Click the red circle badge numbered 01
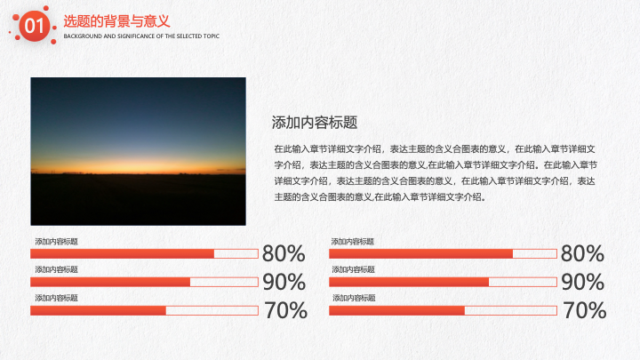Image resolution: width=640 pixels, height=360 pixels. coord(35,26)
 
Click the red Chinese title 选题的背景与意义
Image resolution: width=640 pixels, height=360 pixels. coord(116,21)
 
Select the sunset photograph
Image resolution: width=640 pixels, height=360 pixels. coord(139,151)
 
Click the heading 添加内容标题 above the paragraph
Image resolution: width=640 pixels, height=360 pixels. coord(315,123)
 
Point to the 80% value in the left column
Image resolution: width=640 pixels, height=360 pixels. coord(284,253)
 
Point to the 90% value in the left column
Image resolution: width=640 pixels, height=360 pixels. coord(284,282)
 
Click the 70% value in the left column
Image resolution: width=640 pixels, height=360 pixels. coord(285,310)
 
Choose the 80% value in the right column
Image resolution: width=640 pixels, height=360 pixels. coord(582,253)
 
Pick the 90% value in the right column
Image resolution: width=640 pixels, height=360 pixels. coord(583,282)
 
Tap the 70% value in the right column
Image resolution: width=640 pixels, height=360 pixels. coord(585,310)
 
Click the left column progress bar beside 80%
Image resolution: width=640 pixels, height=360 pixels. coord(145,254)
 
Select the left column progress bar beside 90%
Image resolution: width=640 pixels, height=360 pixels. coord(145,282)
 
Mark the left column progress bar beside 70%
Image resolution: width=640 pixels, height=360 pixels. coord(145,310)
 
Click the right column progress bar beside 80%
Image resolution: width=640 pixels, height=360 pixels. coord(443,254)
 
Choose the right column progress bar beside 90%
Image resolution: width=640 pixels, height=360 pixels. coord(443,282)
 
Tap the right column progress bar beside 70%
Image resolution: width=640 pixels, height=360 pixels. coord(443,310)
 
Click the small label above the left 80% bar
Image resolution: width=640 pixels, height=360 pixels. coord(56,242)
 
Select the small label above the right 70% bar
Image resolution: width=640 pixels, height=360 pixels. coord(354,298)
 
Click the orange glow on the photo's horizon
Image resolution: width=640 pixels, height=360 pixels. coord(139,165)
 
